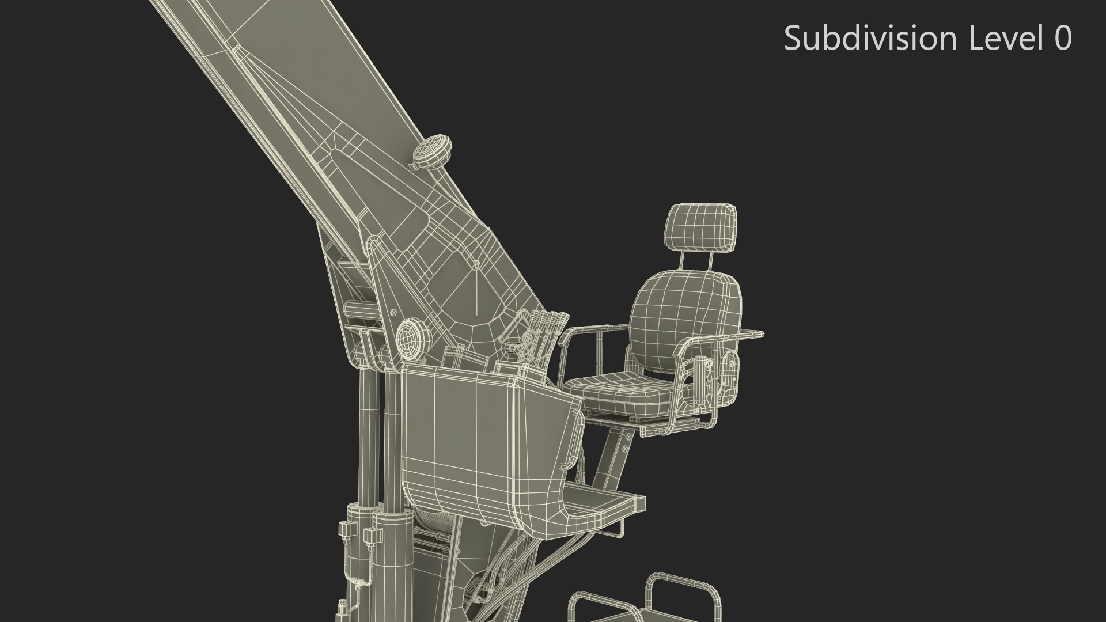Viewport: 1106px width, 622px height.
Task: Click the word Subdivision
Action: click(x=872, y=39)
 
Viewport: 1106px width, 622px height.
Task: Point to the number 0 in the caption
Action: click(x=1062, y=39)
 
